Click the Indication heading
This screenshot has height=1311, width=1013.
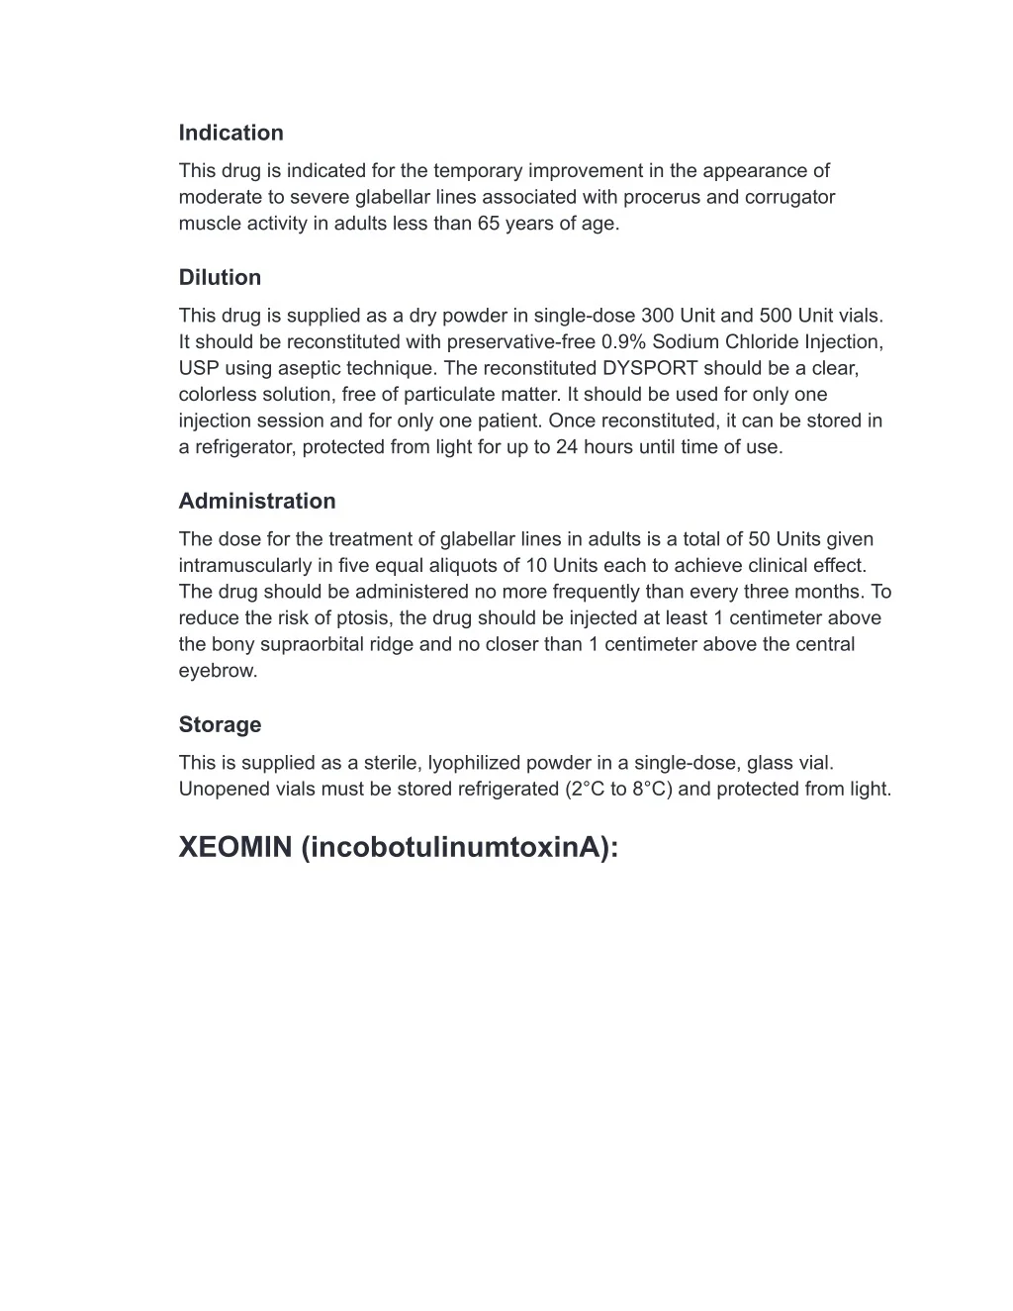(230, 133)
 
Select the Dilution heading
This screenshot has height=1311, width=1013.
(220, 277)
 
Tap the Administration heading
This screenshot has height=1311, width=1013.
(257, 501)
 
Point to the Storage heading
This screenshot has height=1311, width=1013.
(220, 724)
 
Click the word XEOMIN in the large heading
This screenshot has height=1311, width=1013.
(235, 847)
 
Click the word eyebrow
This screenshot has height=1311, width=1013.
(217, 670)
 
